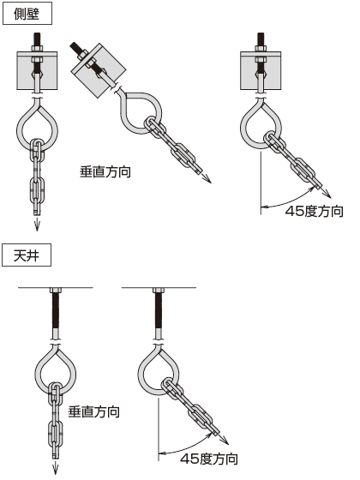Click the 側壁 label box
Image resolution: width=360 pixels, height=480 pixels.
tap(27, 13)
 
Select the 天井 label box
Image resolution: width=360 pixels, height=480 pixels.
tap(27, 255)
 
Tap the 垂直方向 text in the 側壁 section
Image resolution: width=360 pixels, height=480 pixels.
tap(105, 171)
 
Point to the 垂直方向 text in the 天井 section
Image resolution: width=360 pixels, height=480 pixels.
tap(94, 411)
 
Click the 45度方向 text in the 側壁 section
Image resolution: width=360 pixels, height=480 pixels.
tap(314, 211)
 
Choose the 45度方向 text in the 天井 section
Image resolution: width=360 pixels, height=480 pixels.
tap(209, 459)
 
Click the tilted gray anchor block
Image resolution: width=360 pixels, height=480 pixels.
tap(99, 70)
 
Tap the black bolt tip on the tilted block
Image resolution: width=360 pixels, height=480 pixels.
tap(75, 46)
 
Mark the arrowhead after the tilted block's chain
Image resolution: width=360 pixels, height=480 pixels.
tap(207, 180)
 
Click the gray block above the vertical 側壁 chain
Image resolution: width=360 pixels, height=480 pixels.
tap(37, 70)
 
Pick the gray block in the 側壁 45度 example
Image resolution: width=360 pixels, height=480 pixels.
tap(261, 70)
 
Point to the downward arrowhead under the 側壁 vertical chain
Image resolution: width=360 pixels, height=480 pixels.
tap(37, 226)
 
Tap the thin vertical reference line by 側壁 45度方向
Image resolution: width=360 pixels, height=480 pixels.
tap(261, 183)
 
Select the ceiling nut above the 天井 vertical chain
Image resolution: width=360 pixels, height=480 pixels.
tap(56, 291)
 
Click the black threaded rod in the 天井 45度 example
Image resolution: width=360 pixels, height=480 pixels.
tap(159, 310)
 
